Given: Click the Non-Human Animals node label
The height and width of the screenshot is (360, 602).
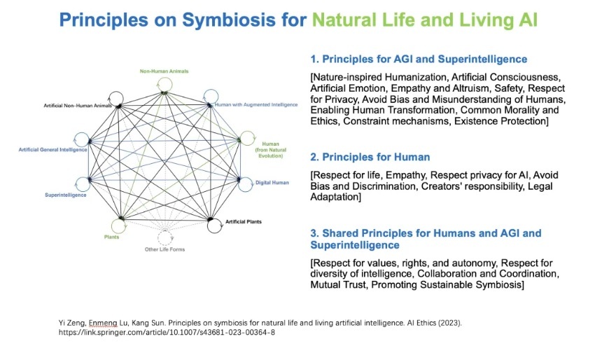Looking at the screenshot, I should pyautogui.click(x=164, y=71).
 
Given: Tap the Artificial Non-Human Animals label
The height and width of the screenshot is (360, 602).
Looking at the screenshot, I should pyautogui.click(x=78, y=105).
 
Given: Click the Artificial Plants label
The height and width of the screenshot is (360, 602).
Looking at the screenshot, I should pyautogui.click(x=244, y=222).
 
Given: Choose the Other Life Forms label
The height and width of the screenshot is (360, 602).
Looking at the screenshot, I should pyautogui.click(x=165, y=249).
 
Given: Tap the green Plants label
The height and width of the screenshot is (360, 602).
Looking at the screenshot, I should pyautogui.click(x=111, y=237).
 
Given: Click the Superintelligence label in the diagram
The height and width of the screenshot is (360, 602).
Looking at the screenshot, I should pyautogui.click(x=65, y=195).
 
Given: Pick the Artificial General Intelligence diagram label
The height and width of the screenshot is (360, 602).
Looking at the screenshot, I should pyautogui.click(x=54, y=149).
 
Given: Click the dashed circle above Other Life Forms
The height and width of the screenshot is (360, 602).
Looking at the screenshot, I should pyautogui.click(x=165, y=236).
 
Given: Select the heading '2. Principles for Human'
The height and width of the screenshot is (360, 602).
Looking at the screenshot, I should pyautogui.click(x=370, y=156).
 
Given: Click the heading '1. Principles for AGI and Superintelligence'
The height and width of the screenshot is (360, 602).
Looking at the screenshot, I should pyautogui.click(x=418, y=59).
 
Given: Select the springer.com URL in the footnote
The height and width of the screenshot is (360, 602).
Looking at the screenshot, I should pyautogui.click(x=167, y=332).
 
